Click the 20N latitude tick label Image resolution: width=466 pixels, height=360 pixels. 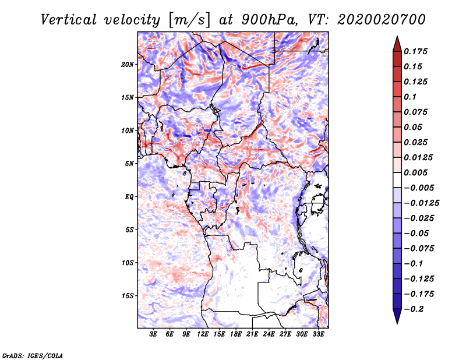(x=128, y=64)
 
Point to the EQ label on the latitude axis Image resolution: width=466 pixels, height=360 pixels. (x=129, y=197)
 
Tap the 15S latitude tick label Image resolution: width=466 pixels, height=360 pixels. (x=128, y=296)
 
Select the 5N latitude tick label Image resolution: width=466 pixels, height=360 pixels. (x=129, y=164)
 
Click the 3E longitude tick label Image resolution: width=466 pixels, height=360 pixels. (x=153, y=334)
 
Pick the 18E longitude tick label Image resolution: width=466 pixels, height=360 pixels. (x=236, y=334)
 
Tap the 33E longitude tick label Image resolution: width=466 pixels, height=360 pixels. (x=318, y=334)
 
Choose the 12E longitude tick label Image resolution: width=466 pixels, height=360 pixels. (x=203, y=334)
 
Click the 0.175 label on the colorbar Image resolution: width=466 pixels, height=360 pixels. (x=415, y=51)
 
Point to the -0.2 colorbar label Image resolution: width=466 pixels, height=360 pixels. (x=414, y=309)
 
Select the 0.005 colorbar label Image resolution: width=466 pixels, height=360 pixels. (x=415, y=172)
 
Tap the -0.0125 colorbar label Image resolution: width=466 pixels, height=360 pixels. (x=421, y=203)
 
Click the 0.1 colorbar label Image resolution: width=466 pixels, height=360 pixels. (x=410, y=97)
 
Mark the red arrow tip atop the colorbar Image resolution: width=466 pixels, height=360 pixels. (x=397, y=36)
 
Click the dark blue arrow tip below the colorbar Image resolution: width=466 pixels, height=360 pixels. (x=397, y=323)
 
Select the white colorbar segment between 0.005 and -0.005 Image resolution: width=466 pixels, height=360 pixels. (x=397, y=180)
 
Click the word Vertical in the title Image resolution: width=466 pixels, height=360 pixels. (x=69, y=20)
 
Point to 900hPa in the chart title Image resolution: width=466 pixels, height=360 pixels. (x=270, y=20)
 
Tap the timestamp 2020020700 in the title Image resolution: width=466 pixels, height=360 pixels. (x=382, y=20)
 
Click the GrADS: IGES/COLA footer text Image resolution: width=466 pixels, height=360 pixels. (x=33, y=355)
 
